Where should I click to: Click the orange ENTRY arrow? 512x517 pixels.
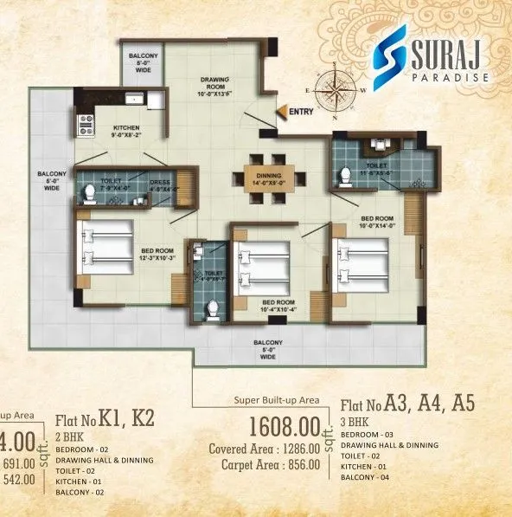click(x=281, y=110)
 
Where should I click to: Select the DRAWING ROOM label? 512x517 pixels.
click(x=214, y=85)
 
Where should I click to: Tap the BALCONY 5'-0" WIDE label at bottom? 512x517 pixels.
click(x=267, y=347)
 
